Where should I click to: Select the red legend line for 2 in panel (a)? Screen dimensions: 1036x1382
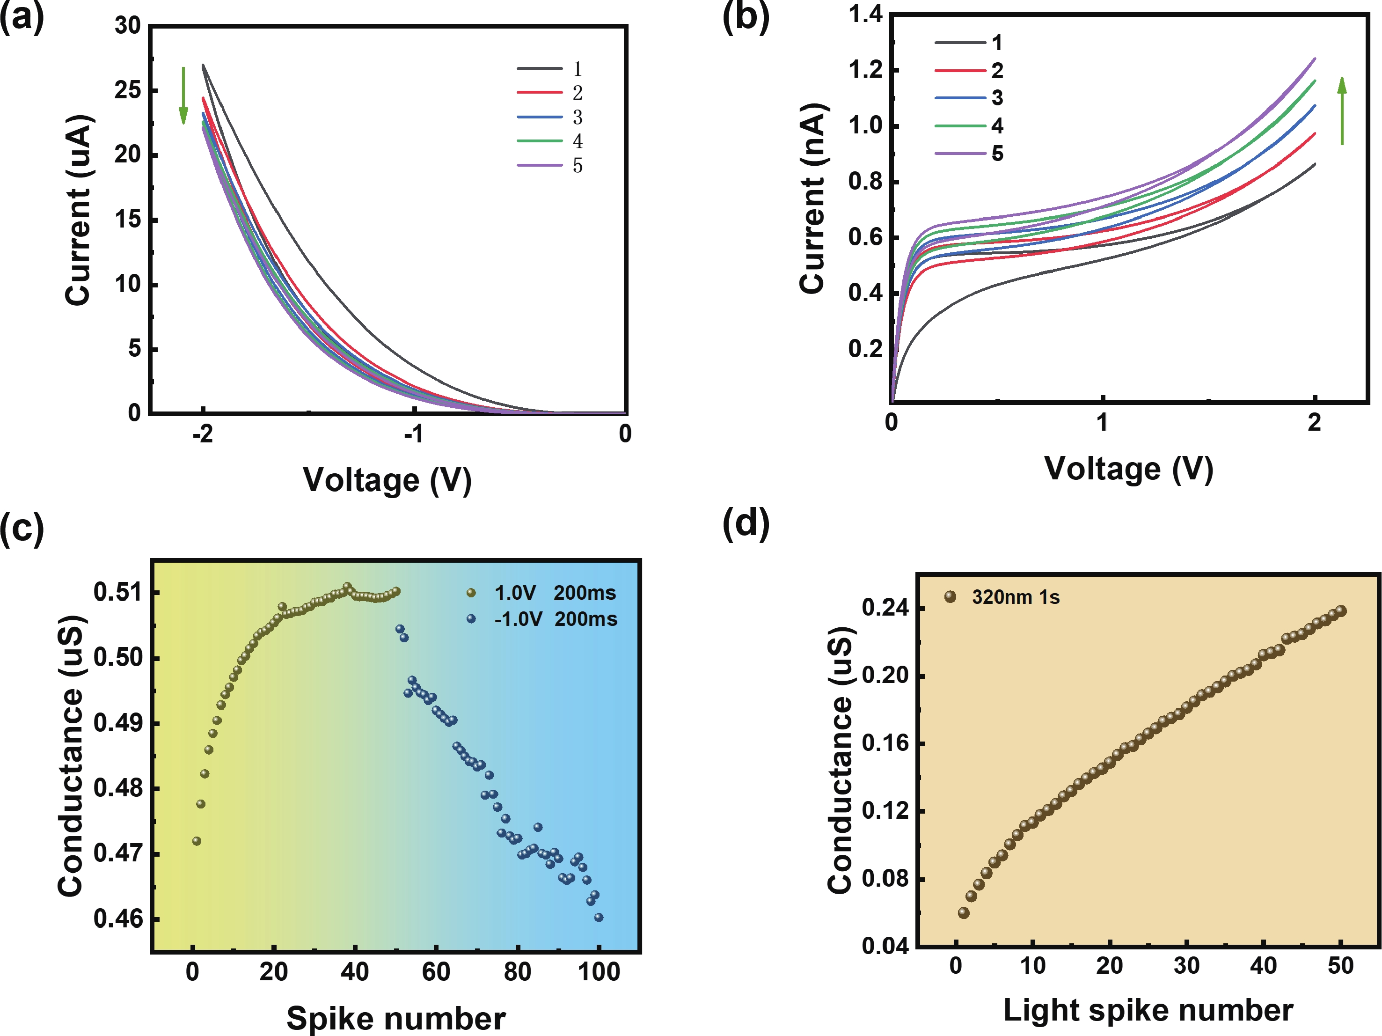pyautogui.click(x=540, y=93)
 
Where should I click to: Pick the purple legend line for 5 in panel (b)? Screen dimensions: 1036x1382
pyautogui.click(x=960, y=153)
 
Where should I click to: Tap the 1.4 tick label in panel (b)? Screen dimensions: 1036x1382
pyautogui.click(x=865, y=14)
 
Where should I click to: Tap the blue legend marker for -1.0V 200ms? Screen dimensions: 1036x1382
pyautogui.click(x=471, y=618)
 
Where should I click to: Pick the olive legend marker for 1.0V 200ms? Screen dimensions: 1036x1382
pyautogui.click(x=471, y=592)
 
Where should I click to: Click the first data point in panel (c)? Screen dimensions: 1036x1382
pyautogui.click(x=197, y=841)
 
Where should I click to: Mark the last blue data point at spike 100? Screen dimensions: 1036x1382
pyautogui.click(x=599, y=917)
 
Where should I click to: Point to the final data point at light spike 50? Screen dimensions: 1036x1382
pyautogui.click(x=1341, y=610)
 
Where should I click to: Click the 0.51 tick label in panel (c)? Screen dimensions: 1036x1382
pyautogui.click(x=118, y=592)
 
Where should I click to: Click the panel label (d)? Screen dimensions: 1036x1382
pyautogui.click(x=746, y=522)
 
